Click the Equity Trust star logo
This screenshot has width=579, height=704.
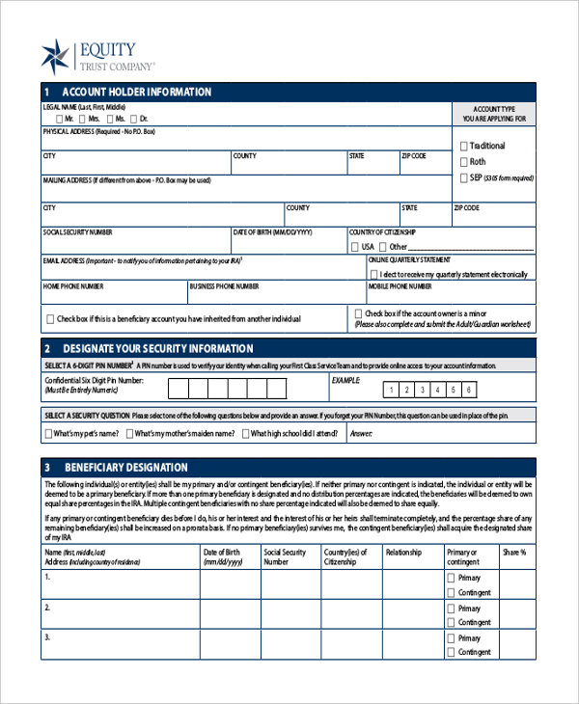point(56,57)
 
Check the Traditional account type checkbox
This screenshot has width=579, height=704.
point(464,146)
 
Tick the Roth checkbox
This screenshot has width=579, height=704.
point(464,162)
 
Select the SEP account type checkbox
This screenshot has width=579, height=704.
point(464,178)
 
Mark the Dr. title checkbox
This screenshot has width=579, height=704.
point(133,118)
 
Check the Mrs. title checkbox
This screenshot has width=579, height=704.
point(82,118)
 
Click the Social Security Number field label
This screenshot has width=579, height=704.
point(77,232)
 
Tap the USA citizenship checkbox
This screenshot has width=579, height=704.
point(354,247)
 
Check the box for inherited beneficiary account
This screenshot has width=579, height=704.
point(49,319)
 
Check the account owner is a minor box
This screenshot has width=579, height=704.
point(359,313)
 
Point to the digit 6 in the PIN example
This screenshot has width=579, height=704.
point(469,391)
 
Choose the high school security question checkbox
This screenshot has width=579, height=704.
point(244,434)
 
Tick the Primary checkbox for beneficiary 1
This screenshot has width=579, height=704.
point(451,578)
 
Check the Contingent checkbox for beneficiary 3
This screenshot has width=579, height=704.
point(451,653)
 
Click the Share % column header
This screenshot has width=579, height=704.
point(513,553)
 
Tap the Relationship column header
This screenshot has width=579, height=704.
point(404,553)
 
